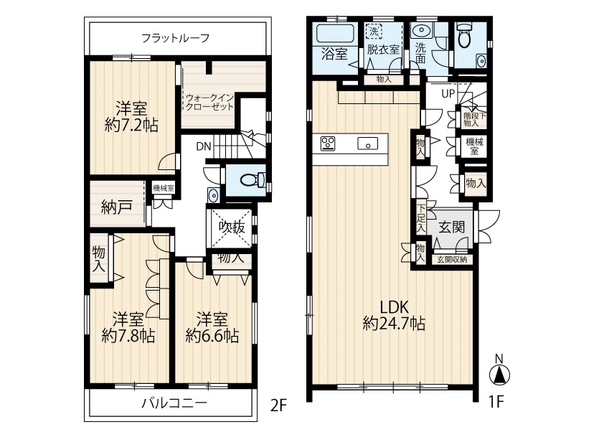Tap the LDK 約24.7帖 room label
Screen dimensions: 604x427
pyautogui.click(x=394, y=315)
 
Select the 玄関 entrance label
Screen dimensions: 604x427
pyautogui.click(x=452, y=227)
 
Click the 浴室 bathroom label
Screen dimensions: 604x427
pyautogui.click(x=335, y=54)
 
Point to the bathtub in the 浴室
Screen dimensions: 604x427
pyautogui.click(x=335, y=34)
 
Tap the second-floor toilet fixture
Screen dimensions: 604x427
pyautogui.click(x=253, y=179)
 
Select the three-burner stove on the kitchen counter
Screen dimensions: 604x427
pyautogui.click(x=328, y=144)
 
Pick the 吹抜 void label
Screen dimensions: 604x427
pyautogui.click(x=232, y=227)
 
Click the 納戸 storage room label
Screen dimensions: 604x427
pyautogui.click(x=116, y=207)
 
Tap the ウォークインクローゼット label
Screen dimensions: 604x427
pyautogui.click(x=210, y=102)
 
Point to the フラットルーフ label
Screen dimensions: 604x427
pyautogui.click(x=175, y=38)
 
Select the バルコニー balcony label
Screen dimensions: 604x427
pyautogui.click(x=174, y=403)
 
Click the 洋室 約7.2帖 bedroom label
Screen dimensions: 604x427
pyautogui.click(x=131, y=117)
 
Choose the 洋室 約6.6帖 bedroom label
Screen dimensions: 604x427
pyautogui.click(x=212, y=327)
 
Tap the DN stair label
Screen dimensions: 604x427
pyautogui.click(x=204, y=146)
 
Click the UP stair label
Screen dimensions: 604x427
pyautogui.click(x=448, y=93)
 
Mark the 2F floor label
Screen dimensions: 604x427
pyautogui.click(x=278, y=405)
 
